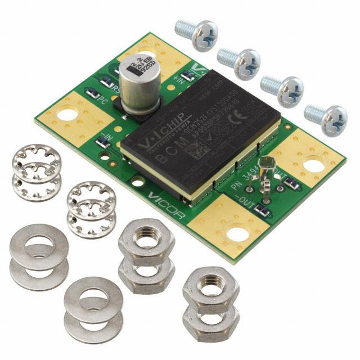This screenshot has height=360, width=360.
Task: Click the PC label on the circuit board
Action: (x=102, y=101)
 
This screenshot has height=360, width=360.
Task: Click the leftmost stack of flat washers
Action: (x=38, y=256)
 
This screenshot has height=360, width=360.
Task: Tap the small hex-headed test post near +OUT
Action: (x=269, y=165)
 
